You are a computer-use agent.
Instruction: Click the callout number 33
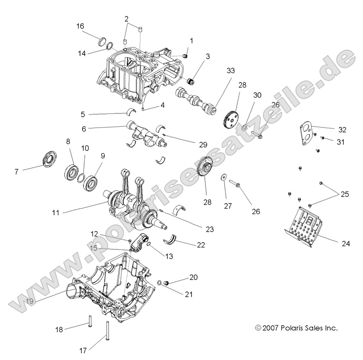(231, 69)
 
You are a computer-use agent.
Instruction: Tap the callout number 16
(80, 26)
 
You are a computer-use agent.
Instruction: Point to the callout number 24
(346, 244)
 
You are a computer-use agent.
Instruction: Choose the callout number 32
(342, 130)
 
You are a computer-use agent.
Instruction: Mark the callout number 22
(201, 245)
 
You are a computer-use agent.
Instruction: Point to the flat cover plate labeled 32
(303, 134)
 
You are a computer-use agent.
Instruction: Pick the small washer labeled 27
(223, 177)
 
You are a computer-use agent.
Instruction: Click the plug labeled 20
(167, 282)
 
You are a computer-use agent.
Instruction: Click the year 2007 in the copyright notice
(270, 328)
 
